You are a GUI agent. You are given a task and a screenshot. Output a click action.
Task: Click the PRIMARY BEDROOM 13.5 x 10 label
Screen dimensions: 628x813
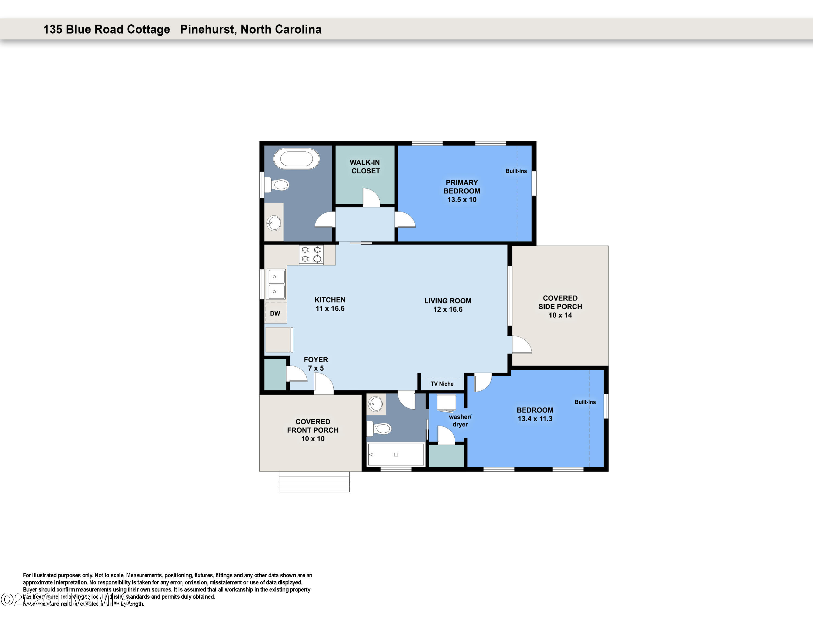click(x=462, y=191)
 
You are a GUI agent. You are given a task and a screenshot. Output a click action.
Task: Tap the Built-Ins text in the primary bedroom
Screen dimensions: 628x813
click(x=516, y=171)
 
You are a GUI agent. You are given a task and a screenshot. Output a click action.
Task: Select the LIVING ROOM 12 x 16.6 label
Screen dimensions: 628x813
click(x=447, y=305)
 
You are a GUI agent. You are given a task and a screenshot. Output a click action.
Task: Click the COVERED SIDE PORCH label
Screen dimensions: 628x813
click(x=560, y=307)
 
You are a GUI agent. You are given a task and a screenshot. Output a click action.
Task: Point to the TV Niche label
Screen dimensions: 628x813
click(x=442, y=384)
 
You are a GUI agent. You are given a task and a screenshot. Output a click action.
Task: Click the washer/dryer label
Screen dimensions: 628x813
click(x=460, y=420)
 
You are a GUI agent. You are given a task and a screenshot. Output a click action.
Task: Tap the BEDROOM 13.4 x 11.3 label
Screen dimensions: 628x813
click(x=535, y=414)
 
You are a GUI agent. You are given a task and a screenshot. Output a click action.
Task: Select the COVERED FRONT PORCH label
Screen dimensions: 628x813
click(x=313, y=430)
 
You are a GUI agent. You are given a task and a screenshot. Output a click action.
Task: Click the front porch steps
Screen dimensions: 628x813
click(x=314, y=482)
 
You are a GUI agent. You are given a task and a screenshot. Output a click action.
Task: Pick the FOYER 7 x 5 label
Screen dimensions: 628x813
click(x=316, y=364)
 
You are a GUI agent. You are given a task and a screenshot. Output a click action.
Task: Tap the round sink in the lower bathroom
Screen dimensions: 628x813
click(x=375, y=404)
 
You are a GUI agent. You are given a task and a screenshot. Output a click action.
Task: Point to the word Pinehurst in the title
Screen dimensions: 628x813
click(x=207, y=29)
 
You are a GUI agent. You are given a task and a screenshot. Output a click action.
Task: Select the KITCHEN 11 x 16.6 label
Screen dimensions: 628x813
click(x=330, y=304)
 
